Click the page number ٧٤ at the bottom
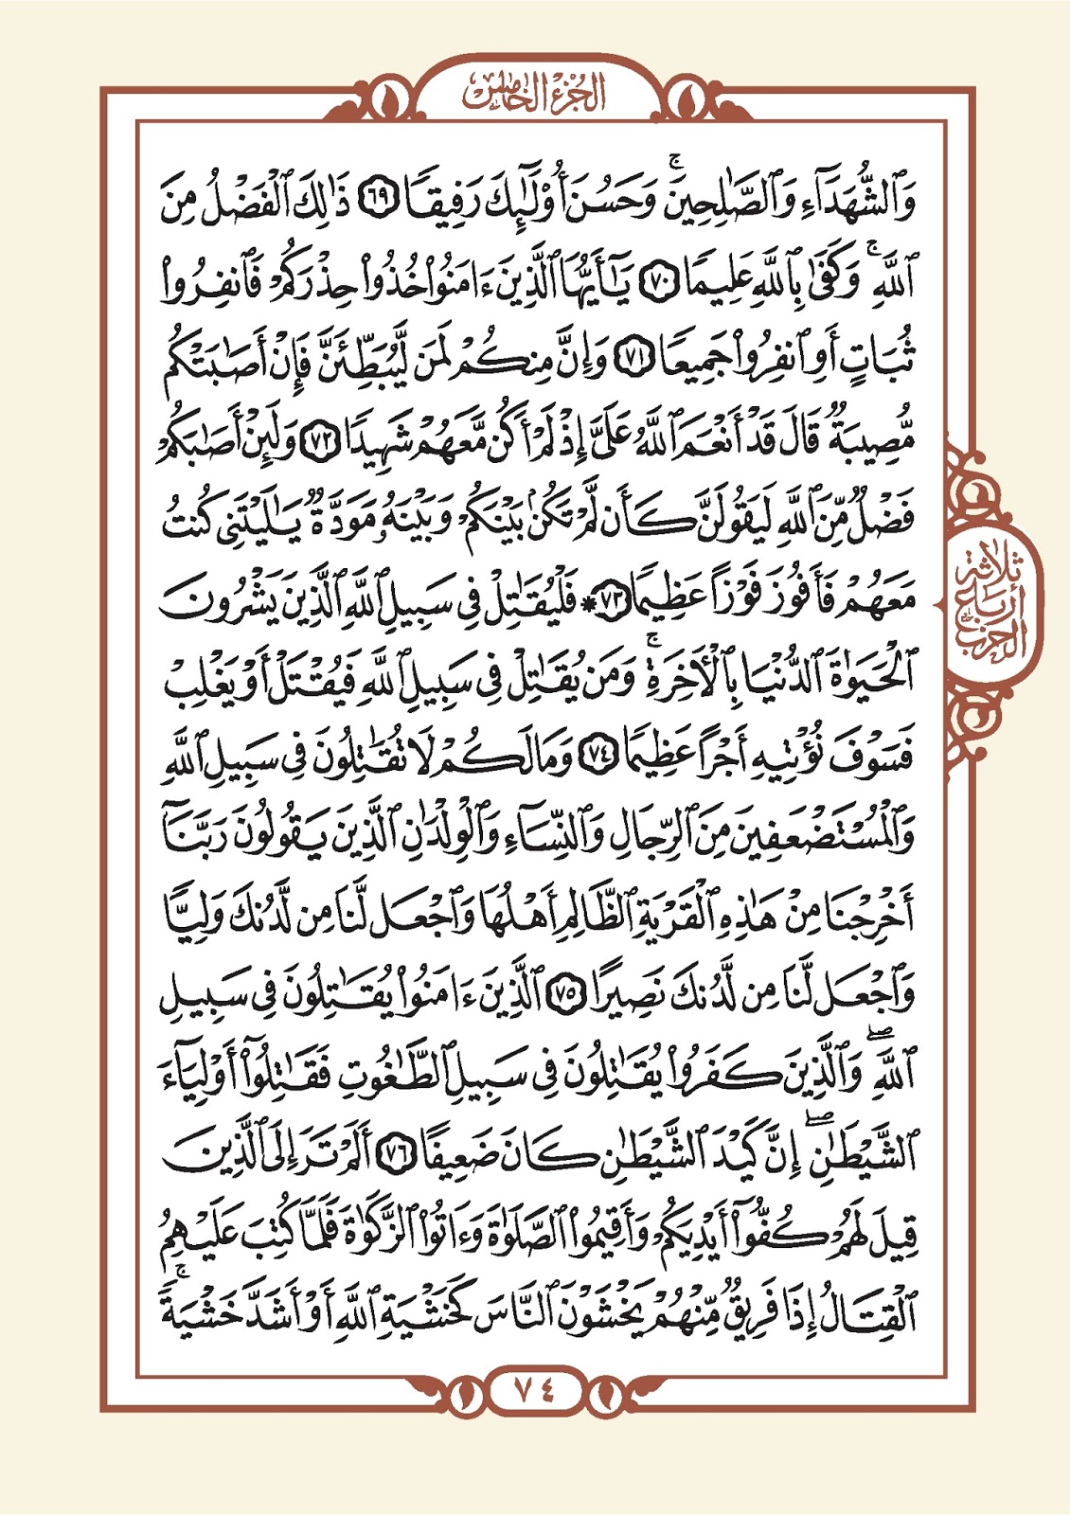pos(535,1389)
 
